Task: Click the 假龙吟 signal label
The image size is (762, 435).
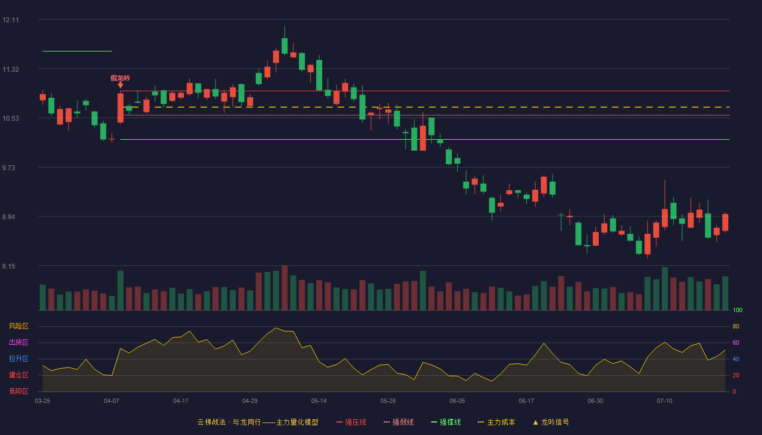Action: [x=120, y=78]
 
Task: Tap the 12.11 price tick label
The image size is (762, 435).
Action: [x=10, y=20]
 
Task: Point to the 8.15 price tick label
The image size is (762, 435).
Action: [x=9, y=266]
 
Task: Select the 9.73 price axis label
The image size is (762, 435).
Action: [x=9, y=168]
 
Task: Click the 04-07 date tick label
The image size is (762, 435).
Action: [x=112, y=401]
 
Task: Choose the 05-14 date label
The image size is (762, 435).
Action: [x=319, y=401]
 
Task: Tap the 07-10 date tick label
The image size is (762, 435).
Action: [x=665, y=401]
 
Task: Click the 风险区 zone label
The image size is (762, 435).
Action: [x=19, y=326]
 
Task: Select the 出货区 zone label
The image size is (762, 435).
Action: [x=19, y=342]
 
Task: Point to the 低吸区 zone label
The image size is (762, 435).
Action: [x=19, y=391]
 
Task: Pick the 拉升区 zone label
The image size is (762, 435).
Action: [x=19, y=358]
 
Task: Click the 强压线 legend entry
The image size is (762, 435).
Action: [x=351, y=422]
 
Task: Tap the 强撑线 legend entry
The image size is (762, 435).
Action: [x=446, y=422]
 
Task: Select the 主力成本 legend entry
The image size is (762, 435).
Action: [x=496, y=422]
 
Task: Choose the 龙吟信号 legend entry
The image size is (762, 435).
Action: [x=551, y=422]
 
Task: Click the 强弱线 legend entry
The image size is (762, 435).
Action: [x=398, y=422]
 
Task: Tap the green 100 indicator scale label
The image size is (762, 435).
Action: [x=738, y=310]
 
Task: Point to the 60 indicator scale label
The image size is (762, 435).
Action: [x=736, y=343]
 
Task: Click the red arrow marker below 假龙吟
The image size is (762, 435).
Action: [x=120, y=85]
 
